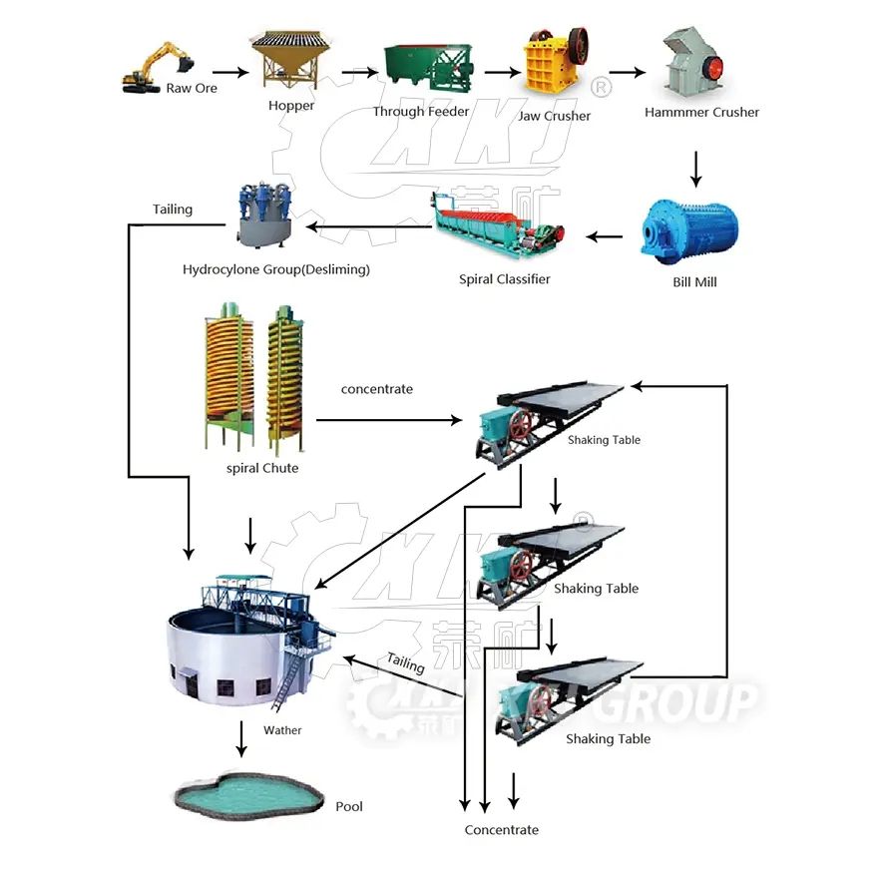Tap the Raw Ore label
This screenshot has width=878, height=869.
(x=192, y=89)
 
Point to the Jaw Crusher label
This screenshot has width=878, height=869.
(x=554, y=116)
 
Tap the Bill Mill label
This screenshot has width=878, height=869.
(x=694, y=282)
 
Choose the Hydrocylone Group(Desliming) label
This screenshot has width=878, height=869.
(x=276, y=269)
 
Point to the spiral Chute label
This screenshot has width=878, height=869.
(x=262, y=468)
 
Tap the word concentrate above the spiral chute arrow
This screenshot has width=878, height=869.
(x=376, y=389)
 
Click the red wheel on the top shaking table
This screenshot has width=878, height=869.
(x=520, y=427)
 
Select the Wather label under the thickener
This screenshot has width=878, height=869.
(x=282, y=730)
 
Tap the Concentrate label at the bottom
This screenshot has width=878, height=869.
(x=501, y=830)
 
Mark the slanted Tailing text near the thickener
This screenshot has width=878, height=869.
(x=406, y=661)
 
